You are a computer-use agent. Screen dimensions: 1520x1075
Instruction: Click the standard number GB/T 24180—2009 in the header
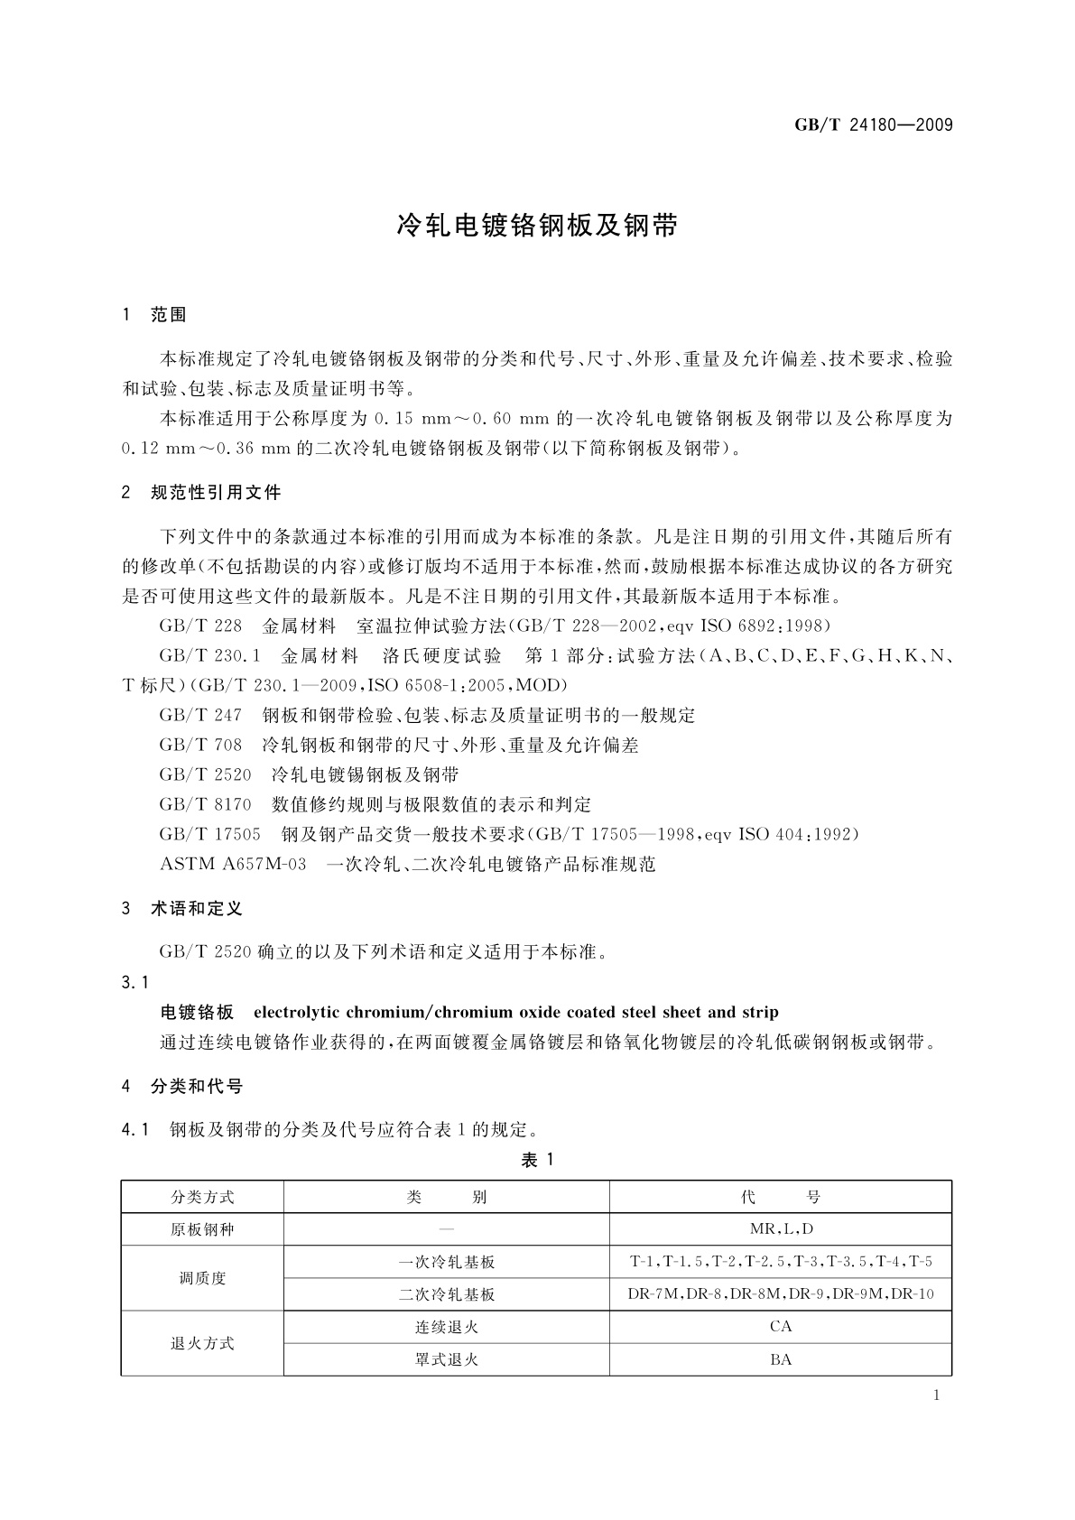pos(873,125)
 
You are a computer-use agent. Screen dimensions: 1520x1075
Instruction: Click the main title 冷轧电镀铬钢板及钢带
pos(537,226)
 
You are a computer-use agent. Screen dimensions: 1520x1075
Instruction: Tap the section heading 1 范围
pos(154,315)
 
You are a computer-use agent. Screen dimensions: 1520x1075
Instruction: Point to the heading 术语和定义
pos(197,909)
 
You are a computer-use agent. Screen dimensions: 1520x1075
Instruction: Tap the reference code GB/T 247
pos(200,716)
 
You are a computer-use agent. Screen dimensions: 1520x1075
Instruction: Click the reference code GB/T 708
pos(200,746)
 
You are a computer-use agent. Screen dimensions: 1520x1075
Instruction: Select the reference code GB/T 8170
pos(205,804)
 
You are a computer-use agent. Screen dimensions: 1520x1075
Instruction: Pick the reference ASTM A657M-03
pos(233,864)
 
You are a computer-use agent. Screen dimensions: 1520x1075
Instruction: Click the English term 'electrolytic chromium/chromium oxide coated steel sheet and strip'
pos(516,1012)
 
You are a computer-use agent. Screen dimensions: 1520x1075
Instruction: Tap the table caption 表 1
pos(537,1161)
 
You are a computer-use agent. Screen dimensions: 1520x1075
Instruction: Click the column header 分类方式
pos(202,1197)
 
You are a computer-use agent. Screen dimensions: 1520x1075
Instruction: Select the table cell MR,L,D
pos(781,1229)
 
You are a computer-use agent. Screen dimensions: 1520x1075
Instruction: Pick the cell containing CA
pos(781,1327)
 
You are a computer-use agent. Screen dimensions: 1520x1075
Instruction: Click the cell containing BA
pos(781,1359)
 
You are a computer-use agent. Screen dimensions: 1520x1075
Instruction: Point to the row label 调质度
pos(202,1278)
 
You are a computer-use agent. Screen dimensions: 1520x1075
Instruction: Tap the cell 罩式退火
pos(447,1359)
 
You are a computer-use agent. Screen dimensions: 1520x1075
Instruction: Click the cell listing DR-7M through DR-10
pos(781,1294)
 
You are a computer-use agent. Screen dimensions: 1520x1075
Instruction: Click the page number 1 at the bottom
pos(936,1395)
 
